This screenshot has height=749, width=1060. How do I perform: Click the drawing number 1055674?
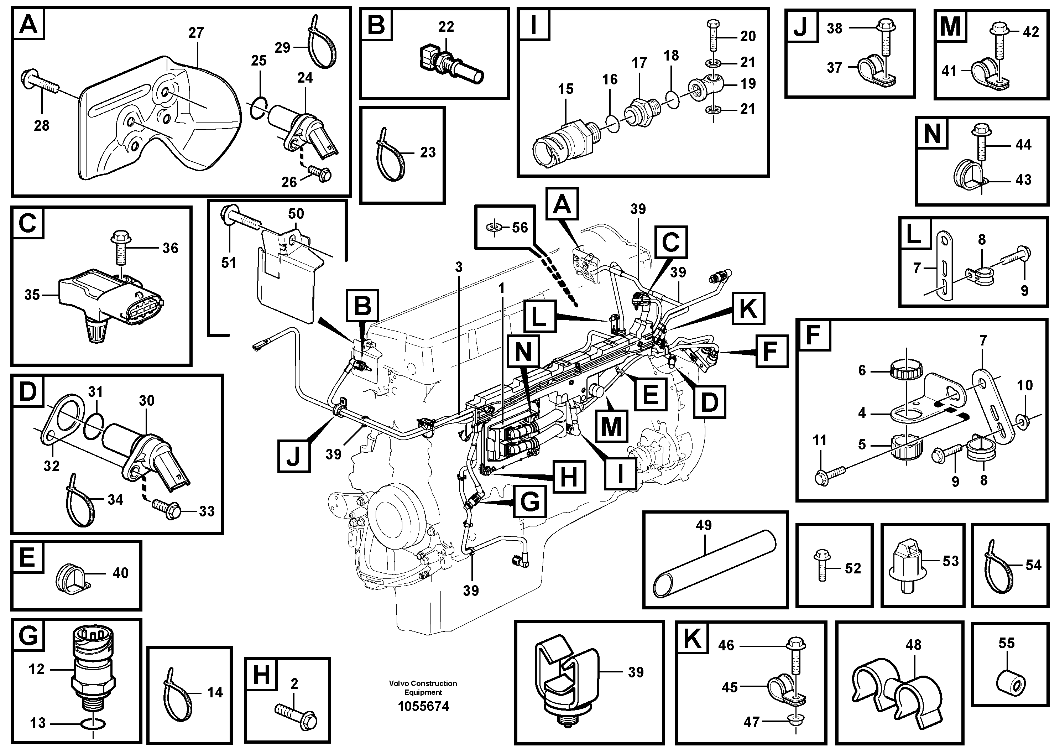[x=423, y=707]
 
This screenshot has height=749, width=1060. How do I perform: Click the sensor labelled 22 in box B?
[x=450, y=67]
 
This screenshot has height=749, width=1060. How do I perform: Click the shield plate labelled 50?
[x=288, y=277]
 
